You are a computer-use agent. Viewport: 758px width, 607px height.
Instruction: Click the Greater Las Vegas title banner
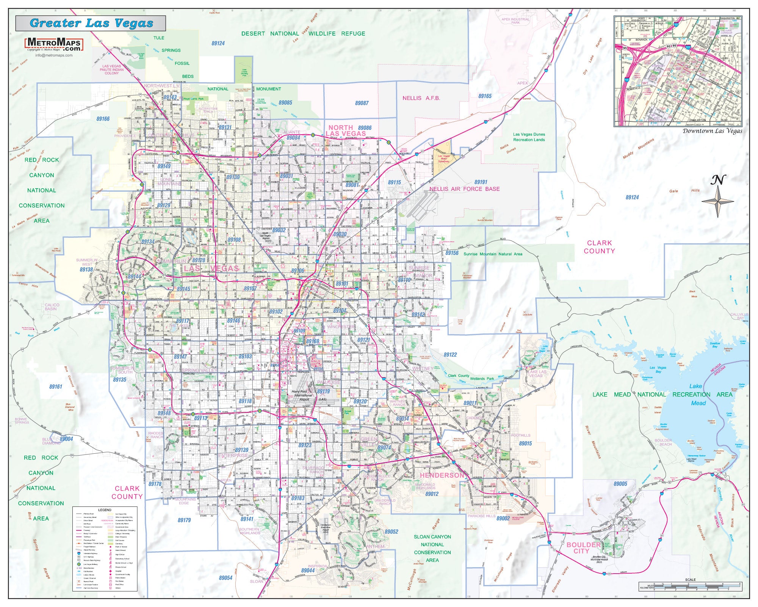pos(91,23)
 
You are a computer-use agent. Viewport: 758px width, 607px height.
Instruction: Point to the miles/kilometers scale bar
pos(690,587)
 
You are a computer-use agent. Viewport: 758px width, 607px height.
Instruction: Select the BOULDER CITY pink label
pos(583,548)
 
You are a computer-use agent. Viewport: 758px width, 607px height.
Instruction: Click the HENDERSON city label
pos(442,475)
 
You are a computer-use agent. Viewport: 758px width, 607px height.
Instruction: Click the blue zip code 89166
pos(103,119)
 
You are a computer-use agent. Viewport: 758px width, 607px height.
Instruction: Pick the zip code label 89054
pos(225,578)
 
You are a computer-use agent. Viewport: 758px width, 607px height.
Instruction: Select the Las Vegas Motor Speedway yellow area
pos(443,156)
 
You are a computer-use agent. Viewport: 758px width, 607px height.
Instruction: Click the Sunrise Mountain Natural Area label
pos(493,254)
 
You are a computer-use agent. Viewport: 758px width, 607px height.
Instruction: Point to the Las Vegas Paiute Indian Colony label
pos(111,69)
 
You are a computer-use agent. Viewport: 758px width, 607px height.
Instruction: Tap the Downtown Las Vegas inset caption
pos(712,131)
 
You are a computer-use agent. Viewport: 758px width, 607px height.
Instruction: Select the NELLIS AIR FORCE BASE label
pos(464,189)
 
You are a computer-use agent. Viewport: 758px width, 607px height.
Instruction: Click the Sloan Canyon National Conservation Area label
pos(432,548)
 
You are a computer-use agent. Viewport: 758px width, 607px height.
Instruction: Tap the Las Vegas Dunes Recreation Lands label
pos(529,137)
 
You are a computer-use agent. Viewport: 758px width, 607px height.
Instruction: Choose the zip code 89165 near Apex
pos(485,96)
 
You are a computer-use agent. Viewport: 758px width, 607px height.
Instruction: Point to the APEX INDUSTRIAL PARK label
pos(515,21)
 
